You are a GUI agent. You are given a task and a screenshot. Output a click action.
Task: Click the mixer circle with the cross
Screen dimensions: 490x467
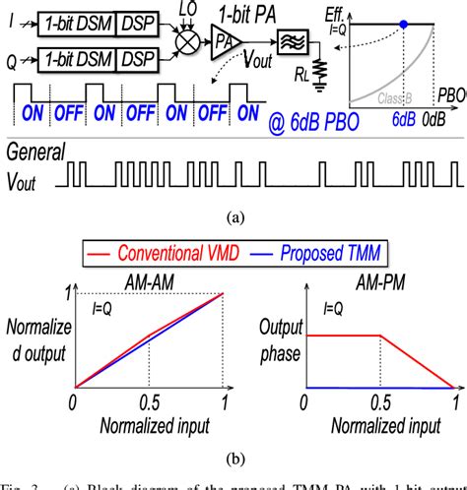[182, 42]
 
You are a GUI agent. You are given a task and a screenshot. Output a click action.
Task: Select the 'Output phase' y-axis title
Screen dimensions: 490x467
[280, 338]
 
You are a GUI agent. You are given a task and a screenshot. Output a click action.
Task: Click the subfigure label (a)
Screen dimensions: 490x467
[233, 211]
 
